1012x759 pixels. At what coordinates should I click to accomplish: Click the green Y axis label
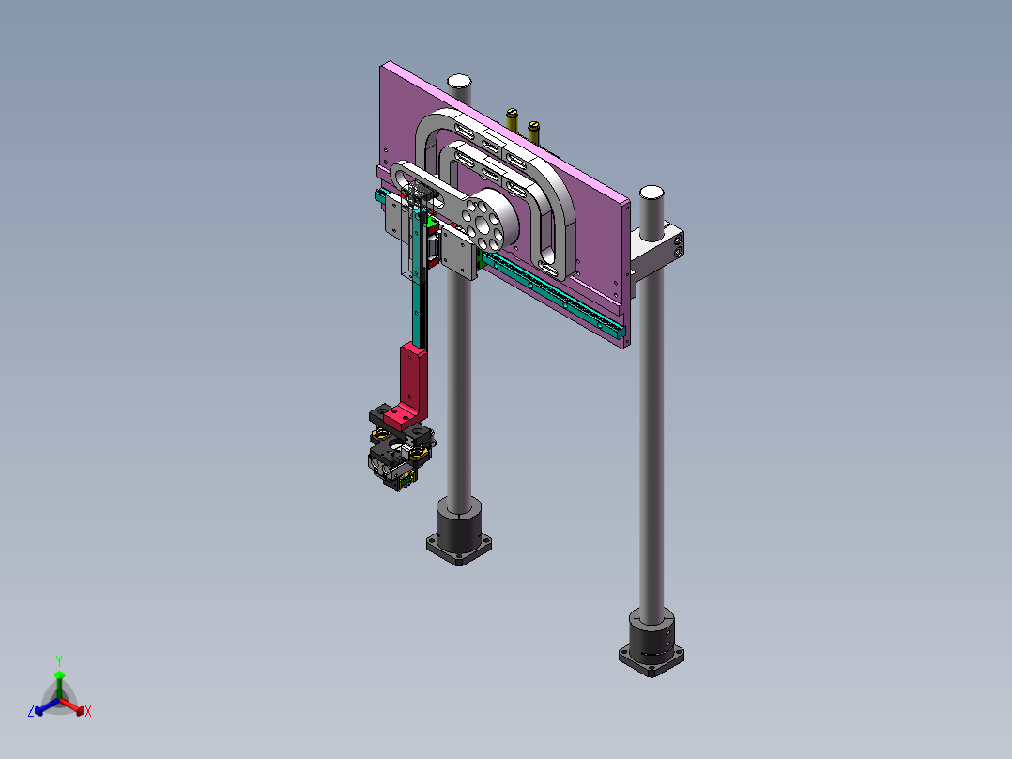coord(58,660)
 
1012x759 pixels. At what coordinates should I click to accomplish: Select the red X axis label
coord(88,712)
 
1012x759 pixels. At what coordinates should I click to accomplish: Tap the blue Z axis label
coord(31,712)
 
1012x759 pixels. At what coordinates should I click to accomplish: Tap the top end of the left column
coord(459,81)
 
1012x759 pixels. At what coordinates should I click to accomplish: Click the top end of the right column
coord(651,194)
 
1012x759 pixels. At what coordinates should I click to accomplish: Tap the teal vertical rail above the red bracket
coord(415,310)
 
